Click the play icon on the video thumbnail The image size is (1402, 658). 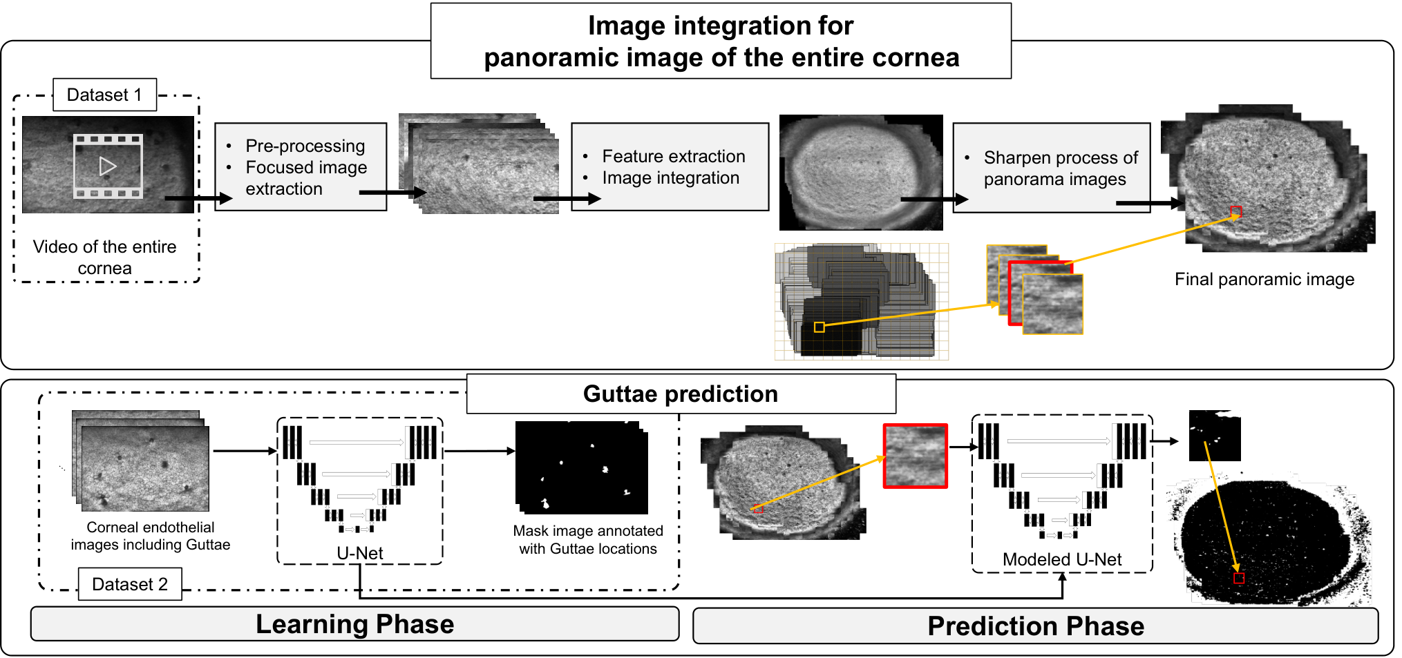point(108,166)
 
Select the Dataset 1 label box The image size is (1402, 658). point(105,95)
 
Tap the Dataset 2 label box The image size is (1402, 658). point(130,584)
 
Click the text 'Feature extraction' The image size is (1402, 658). point(674,156)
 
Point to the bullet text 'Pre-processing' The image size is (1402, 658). point(305,146)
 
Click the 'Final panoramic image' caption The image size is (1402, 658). point(1264,279)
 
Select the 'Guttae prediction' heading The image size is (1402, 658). point(681,394)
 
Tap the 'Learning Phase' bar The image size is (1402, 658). point(355,623)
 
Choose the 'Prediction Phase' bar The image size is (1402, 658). point(1036,626)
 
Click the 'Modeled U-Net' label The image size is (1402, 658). point(1062,559)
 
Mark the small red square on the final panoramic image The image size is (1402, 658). point(1236,211)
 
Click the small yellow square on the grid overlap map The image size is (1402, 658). point(819,327)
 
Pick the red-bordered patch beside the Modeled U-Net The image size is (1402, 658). point(915,456)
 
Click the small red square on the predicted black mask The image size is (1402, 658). point(1239,578)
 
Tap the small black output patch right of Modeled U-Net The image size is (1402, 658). point(1215,436)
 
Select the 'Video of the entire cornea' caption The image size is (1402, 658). point(104,257)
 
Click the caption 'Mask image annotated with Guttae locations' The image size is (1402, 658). point(588,539)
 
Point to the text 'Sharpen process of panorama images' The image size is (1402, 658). point(1061,168)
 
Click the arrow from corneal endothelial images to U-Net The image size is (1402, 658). point(245,451)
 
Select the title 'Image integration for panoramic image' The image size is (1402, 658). point(721,41)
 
